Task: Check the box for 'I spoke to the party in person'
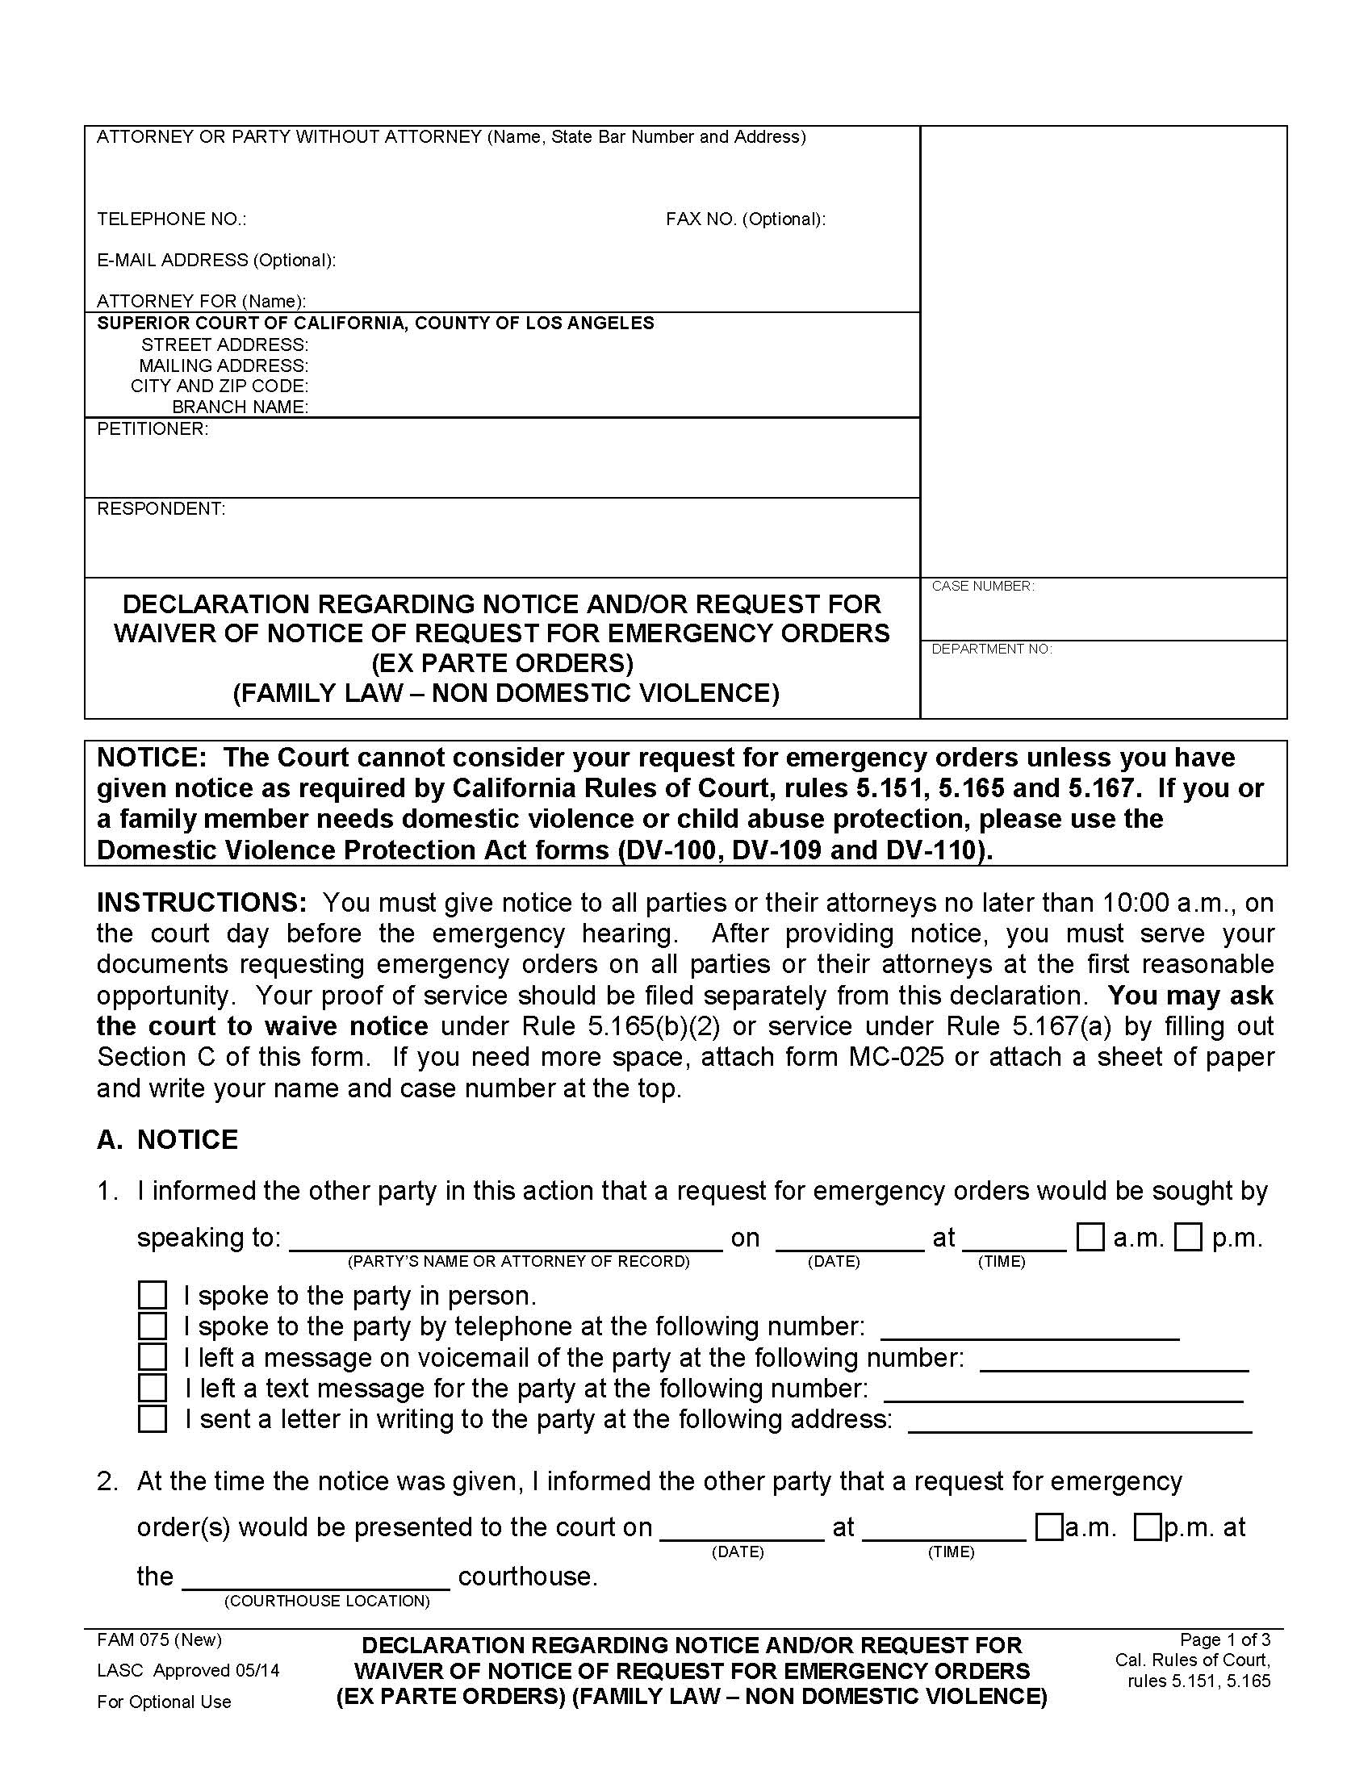(x=152, y=1295)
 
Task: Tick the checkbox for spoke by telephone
(x=152, y=1326)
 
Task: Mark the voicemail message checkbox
(x=152, y=1356)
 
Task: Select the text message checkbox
(x=152, y=1388)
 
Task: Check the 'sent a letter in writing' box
(x=152, y=1418)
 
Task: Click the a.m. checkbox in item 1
(x=1090, y=1237)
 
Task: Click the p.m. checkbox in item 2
(x=1147, y=1527)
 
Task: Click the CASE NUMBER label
(x=983, y=586)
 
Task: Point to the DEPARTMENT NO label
(x=991, y=649)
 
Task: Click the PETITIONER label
(x=153, y=429)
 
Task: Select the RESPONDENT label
(x=161, y=509)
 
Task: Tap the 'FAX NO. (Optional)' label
(x=746, y=219)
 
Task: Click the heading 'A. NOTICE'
(x=167, y=1139)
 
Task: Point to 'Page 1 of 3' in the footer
(x=1225, y=1639)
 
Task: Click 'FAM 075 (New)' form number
(x=159, y=1639)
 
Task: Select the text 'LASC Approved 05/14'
(x=188, y=1670)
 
